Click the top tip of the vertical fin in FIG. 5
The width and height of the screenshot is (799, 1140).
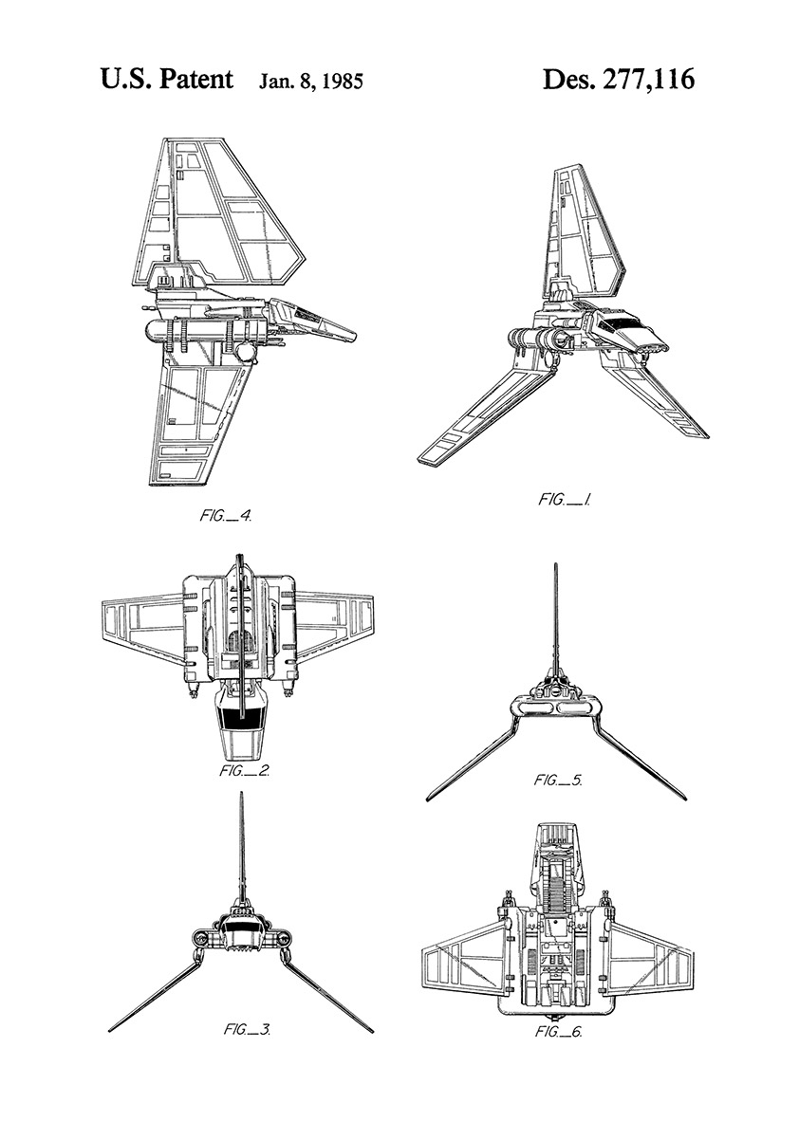(x=556, y=564)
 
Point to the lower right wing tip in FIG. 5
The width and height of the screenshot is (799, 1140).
(x=685, y=798)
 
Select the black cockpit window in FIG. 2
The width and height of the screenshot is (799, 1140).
(x=241, y=718)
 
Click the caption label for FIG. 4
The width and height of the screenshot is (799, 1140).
(x=226, y=516)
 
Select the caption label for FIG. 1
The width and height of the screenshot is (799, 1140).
(x=565, y=500)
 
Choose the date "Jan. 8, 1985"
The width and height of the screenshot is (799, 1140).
(x=311, y=83)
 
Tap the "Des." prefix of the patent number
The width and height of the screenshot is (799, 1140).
(x=568, y=80)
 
